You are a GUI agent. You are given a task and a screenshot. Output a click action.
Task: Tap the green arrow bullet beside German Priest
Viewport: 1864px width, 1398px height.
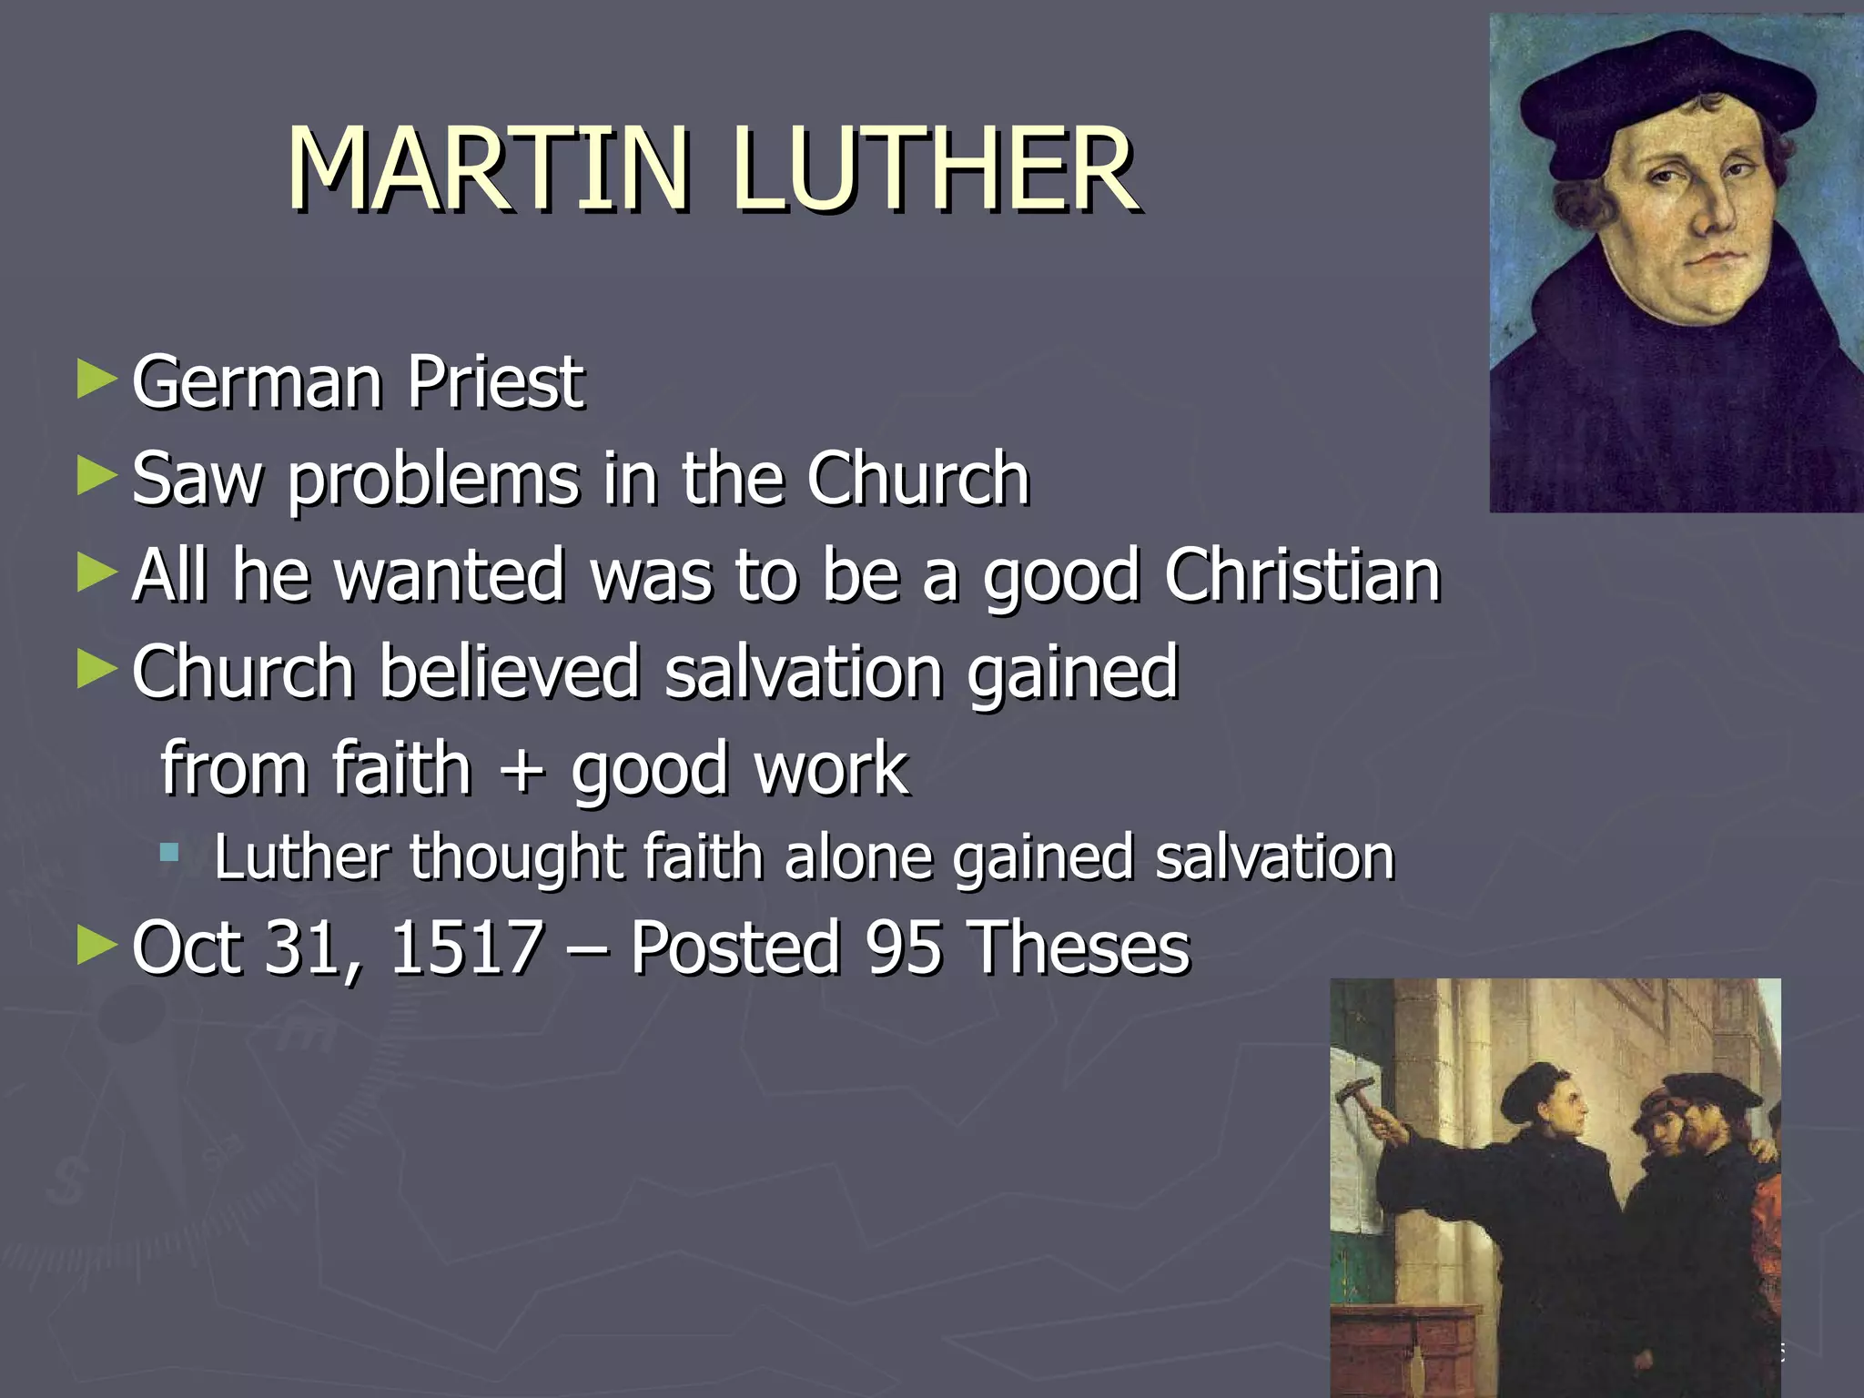(x=96, y=379)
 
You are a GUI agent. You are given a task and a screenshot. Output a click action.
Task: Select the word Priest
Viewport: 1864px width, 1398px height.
(x=494, y=382)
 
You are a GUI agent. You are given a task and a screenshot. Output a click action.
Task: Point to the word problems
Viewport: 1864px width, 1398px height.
(x=433, y=480)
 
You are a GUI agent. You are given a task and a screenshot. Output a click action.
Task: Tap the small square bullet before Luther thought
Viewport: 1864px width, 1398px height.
(x=168, y=854)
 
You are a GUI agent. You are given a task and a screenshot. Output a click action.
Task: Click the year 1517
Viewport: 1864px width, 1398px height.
(x=466, y=948)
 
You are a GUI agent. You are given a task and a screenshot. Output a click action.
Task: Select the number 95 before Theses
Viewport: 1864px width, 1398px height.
(x=903, y=948)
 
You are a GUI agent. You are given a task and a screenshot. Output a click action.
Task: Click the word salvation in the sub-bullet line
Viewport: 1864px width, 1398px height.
(x=1274, y=857)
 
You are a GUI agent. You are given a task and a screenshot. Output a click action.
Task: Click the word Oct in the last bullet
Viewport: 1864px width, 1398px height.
(x=187, y=948)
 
